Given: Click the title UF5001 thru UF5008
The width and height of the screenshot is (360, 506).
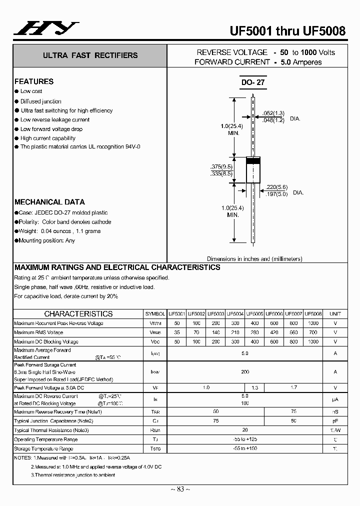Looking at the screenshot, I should click(287, 31).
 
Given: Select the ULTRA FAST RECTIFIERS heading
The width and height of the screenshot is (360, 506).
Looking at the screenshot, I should click(90, 55).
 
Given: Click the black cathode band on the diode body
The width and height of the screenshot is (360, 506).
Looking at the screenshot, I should click(253, 161).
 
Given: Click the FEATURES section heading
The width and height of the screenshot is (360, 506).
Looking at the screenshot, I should click(34, 81).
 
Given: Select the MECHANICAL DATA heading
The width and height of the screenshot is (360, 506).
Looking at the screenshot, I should click(49, 202).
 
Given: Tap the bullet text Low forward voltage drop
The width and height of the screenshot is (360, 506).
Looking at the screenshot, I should click(51, 129).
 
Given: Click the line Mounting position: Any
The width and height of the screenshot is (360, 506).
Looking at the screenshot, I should click(46, 240).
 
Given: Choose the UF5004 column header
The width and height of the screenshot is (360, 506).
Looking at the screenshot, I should click(235, 314).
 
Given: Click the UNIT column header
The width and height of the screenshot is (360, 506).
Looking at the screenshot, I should click(335, 314).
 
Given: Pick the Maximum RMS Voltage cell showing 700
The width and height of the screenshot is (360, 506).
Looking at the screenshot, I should click(313, 332).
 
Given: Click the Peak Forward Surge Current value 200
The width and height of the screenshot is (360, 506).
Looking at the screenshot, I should click(245, 372).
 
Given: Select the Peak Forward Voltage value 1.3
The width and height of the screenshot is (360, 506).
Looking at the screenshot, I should click(254, 388).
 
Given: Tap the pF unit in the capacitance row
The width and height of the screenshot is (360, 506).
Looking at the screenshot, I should click(335, 421).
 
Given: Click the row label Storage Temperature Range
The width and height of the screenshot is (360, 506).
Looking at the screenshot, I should click(44, 449).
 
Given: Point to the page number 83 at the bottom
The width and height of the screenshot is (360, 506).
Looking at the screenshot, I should click(179, 488).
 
